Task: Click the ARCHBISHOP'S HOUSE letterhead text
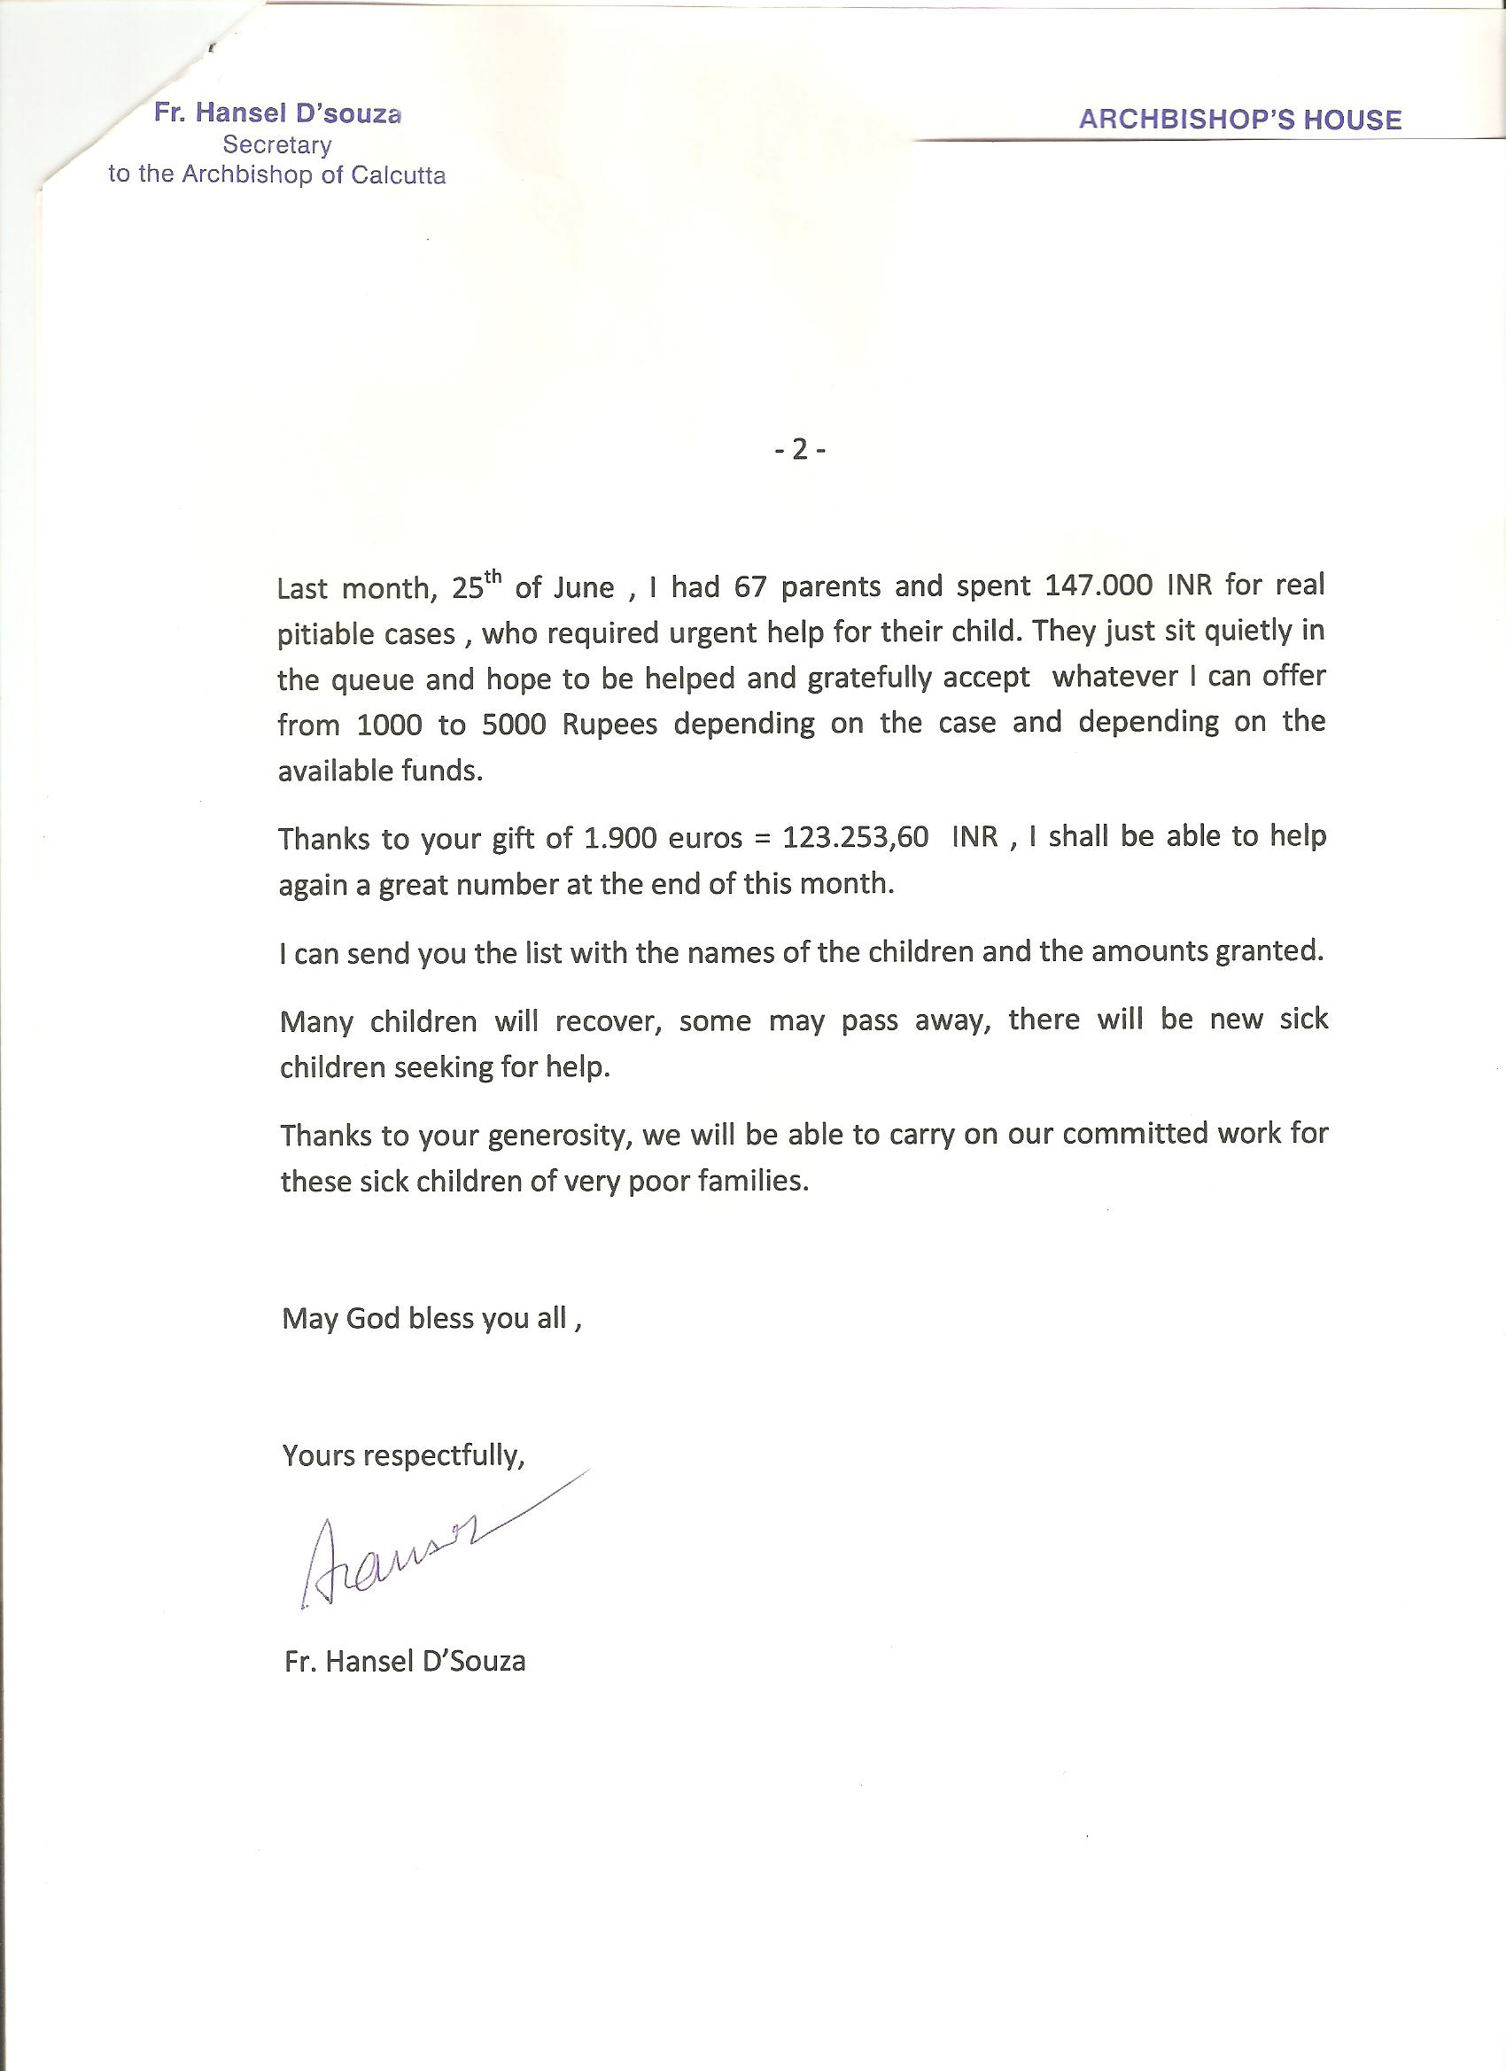pyautogui.click(x=1239, y=120)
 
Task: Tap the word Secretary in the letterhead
pyautogui.click(x=276, y=144)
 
